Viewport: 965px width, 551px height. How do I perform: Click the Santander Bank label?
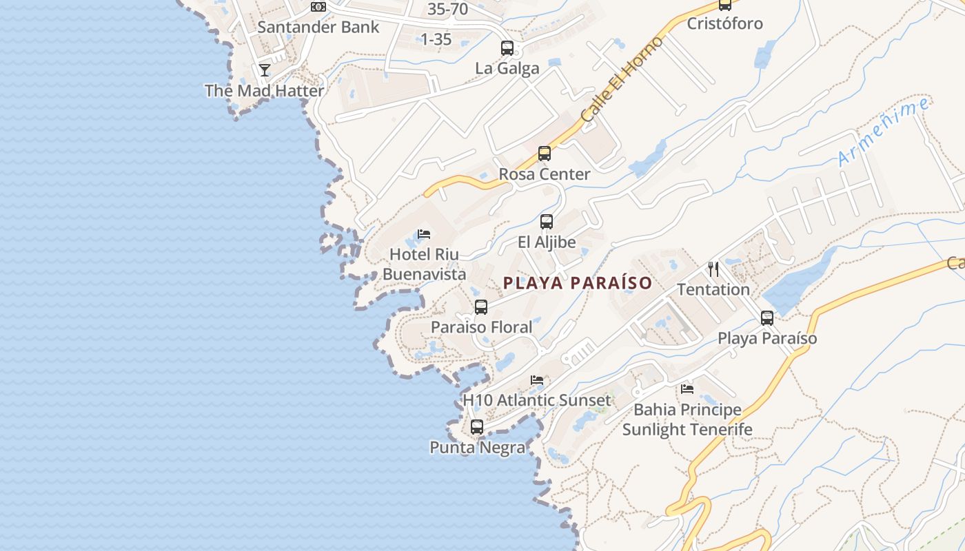(318, 28)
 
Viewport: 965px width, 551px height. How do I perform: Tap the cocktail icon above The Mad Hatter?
(264, 70)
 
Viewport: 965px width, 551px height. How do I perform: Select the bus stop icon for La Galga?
(507, 48)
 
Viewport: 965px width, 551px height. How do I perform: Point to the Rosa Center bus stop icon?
(545, 154)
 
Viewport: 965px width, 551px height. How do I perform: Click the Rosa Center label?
(545, 174)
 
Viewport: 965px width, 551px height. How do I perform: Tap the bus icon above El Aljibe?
(547, 222)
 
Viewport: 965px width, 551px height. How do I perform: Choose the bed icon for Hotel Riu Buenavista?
(424, 235)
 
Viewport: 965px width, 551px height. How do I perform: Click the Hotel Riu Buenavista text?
(424, 264)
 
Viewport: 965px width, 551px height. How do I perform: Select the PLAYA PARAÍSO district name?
(578, 283)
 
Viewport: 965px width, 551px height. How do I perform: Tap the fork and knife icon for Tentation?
(713, 269)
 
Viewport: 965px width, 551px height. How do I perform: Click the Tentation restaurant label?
(713, 289)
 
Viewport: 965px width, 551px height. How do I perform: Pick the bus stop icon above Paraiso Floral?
(481, 307)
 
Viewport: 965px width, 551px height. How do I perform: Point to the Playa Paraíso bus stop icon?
(767, 318)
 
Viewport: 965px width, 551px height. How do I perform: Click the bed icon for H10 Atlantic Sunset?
(537, 380)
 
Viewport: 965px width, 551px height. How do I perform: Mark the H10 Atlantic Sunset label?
(536, 400)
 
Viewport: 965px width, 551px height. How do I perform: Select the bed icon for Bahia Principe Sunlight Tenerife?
(687, 389)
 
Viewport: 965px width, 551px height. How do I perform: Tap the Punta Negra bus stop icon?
(477, 427)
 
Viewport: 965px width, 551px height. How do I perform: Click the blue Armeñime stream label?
(884, 132)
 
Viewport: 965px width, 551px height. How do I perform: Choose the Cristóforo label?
(725, 23)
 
